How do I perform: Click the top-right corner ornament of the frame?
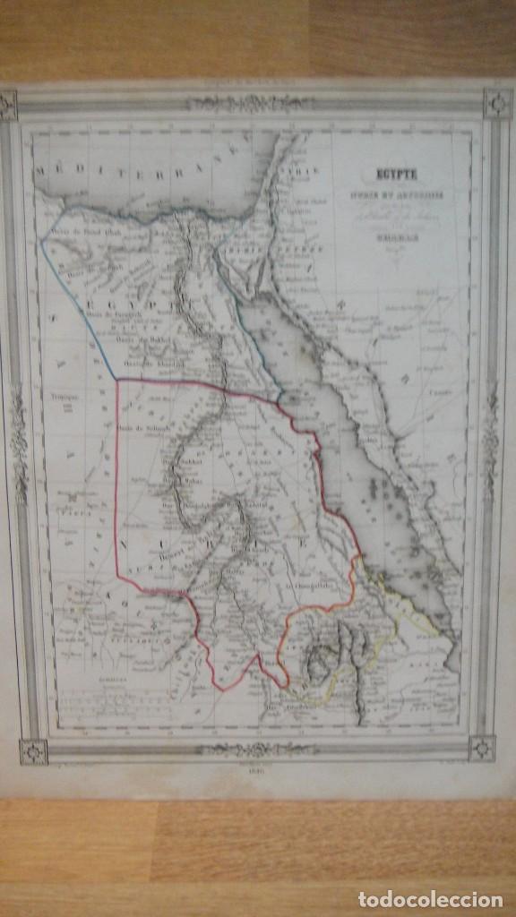(x=496, y=103)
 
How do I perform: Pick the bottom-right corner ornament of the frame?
(x=482, y=748)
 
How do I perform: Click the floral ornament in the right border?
(x=490, y=430)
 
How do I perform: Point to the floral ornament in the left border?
(x=18, y=439)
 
